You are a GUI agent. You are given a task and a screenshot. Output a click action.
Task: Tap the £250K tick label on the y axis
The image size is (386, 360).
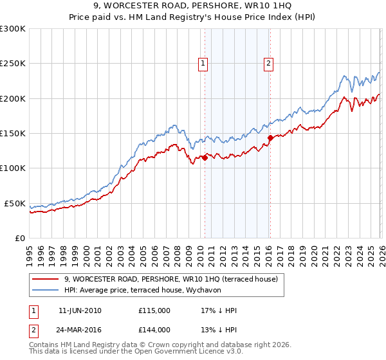[13, 64]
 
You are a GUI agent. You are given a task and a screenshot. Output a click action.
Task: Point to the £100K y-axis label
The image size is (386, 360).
[13, 168]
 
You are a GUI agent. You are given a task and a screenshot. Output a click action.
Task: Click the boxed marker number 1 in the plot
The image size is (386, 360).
[203, 63]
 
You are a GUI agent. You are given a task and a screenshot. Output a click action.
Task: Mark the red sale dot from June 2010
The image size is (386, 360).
[205, 157]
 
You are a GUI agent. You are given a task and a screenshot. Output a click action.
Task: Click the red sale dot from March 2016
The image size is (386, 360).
[270, 138]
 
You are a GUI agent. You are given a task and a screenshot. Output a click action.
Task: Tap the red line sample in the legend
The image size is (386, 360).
[45, 279]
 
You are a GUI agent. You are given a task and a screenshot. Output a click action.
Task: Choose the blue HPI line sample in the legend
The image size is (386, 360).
[45, 290]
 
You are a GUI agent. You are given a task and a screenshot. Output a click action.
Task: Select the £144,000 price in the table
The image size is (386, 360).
[154, 329]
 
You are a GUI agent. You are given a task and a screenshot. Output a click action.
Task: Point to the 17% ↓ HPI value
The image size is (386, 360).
[219, 310]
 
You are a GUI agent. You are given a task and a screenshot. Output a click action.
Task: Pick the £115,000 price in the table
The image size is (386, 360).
[154, 310]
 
